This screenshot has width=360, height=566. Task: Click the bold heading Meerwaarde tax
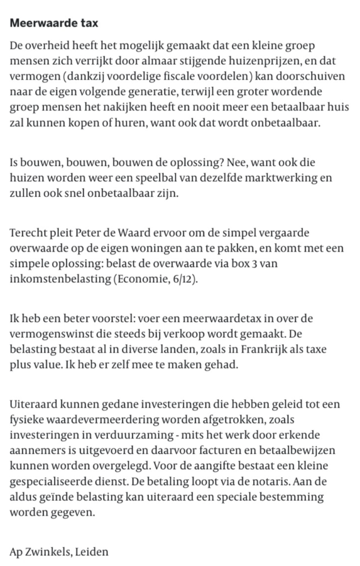tap(54, 23)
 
